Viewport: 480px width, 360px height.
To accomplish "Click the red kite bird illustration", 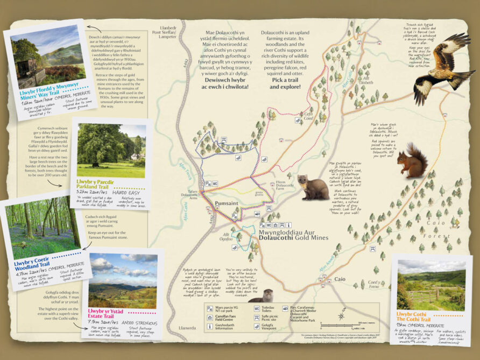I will [442, 67].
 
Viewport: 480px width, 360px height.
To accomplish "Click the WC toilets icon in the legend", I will [257, 309].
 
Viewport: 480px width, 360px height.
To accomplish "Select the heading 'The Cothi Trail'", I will [414, 320].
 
